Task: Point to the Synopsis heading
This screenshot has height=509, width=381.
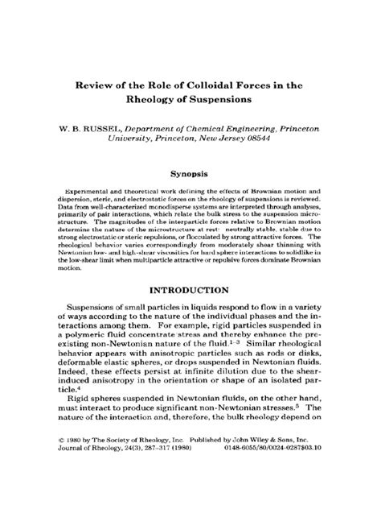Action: click(x=190, y=173)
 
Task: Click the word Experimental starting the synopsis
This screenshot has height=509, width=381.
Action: click(x=69, y=193)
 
